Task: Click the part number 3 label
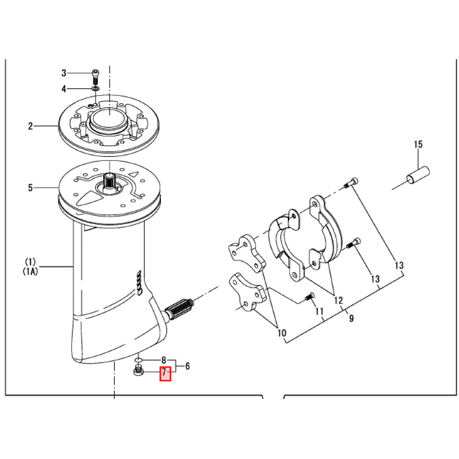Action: click(64, 73)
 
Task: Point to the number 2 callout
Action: click(31, 126)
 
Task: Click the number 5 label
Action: click(30, 188)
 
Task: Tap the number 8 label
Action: click(164, 360)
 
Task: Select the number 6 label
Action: click(187, 366)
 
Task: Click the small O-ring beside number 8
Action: click(139, 359)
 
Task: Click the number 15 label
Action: click(418, 144)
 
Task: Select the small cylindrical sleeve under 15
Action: click(418, 175)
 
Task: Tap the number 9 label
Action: click(351, 318)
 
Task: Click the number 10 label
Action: click(282, 333)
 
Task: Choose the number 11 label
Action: click(319, 311)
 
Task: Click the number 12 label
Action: click(338, 300)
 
